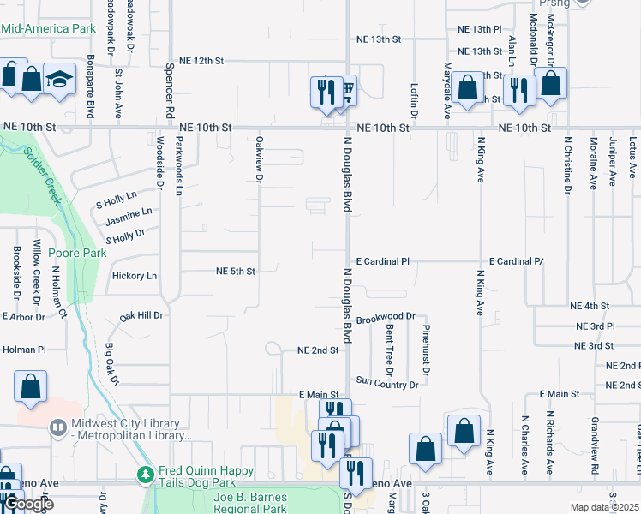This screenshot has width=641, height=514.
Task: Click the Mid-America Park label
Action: coord(48,28)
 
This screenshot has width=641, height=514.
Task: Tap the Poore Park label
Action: coord(76,253)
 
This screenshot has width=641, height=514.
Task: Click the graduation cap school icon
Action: coord(59,80)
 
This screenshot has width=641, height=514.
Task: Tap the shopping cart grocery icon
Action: coord(346,89)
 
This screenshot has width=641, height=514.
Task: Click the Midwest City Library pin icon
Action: coord(58,426)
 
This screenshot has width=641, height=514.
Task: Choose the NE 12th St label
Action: coord(201,62)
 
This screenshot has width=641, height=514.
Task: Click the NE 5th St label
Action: coord(235,272)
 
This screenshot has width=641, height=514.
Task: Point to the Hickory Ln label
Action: coord(135,276)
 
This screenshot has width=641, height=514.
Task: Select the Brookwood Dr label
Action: coord(386,316)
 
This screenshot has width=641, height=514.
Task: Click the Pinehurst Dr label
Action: coord(424,349)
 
